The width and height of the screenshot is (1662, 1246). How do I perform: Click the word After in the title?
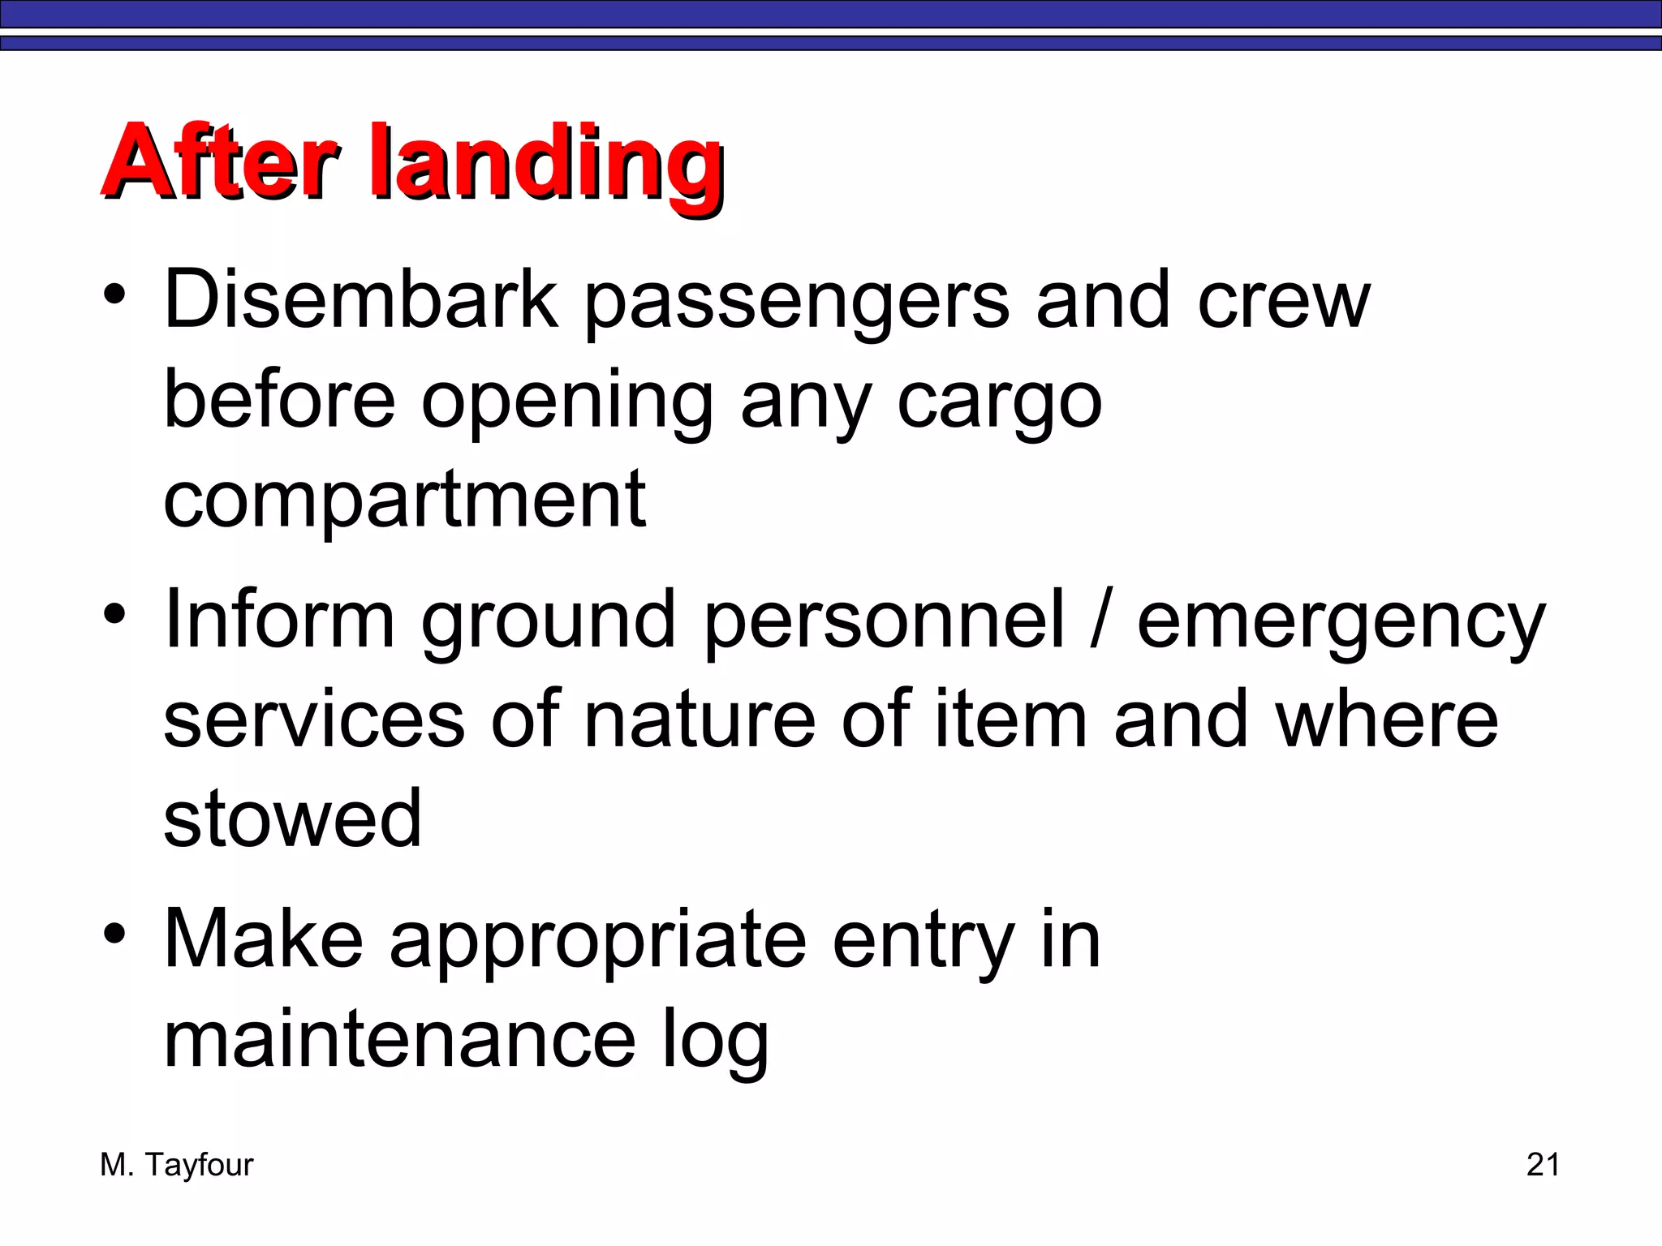click(x=219, y=162)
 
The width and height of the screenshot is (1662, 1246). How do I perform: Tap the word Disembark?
click(x=361, y=300)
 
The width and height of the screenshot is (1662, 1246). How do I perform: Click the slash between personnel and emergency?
click(x=1100, y=621)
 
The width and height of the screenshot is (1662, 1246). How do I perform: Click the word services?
click(x=315, y=720)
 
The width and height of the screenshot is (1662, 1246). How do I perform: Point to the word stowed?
click(x=292, y=819)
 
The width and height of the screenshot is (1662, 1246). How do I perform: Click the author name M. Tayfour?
click(x=176, y=1165)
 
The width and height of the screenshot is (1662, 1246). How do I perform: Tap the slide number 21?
click(x=1543, y=1165)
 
